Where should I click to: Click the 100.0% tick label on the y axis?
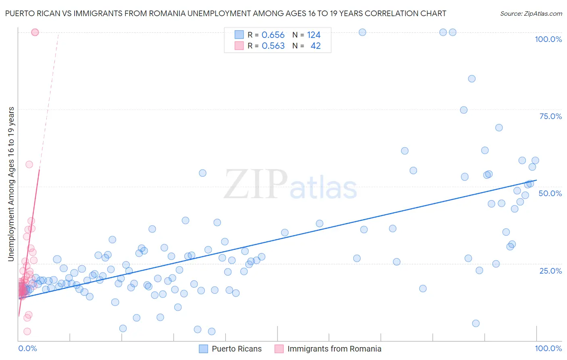pyautogui.click(x=548, y=39)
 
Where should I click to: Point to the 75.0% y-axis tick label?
pyautogui.click(x=550, y=116)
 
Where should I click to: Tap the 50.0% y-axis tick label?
pyautogui.click(x=550, y=193)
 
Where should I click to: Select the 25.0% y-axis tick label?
pyautogui.click(x=550, y=271)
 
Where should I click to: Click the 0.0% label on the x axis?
pyautogui.click(x=27, y=348)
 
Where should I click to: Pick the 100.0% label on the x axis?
pyautogui.click(x=548, y=348)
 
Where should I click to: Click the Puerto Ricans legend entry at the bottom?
pyautogui.click(x=236, y=349)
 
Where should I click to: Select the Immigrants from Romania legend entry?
pyautogui.click(x=334, y=349)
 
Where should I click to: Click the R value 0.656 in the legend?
pyautogui.click(x=273, y=35)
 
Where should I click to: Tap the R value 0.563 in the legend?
pyautogui.click(x=273, y=46)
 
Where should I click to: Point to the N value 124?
pyautogui.click(x=314, y=35)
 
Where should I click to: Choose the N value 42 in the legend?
pyautogui.click(x=315, y=46)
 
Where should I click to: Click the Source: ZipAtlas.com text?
pyautogui.click(x=531, y=13)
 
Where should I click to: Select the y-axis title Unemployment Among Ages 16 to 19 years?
pyautogui.click(x=11, y=184)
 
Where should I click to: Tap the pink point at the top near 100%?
pyautogui.click(x=35, y=32)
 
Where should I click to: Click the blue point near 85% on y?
pyautogui.click(x=471, y=79)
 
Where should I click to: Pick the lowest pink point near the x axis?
pyautogui.click(x=27, y=331)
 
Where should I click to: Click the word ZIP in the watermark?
pyautogui.click(x=256, y=185)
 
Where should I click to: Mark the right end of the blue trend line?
pyautogui.click(x=537, y=180)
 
